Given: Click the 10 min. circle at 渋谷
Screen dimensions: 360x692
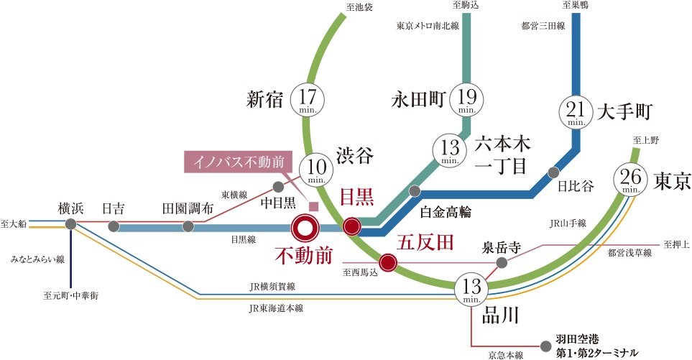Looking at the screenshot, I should (315, 170).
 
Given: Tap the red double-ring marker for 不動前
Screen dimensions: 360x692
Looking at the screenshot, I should (305, 229).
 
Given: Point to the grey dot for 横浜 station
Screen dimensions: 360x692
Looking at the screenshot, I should (70, 225).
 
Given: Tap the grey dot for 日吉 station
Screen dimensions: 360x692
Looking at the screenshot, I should (113, 227).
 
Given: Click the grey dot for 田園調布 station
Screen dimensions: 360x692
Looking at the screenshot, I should (188, 227).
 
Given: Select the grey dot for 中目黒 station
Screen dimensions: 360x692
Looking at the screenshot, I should (278, 187).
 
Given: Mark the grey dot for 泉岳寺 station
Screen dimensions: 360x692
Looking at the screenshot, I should (502, 263).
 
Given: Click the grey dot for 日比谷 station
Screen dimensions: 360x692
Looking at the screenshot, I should (553, 172).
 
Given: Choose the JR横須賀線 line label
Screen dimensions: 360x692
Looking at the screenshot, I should (273, 287).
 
